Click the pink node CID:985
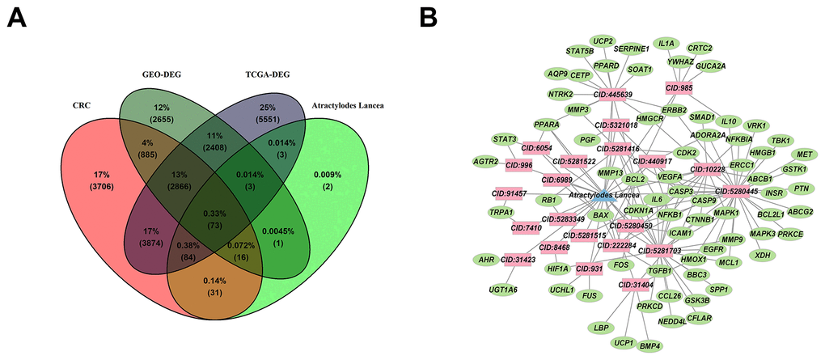(x=679, y=87)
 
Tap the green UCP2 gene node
(x=603, y=40)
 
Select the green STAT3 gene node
(x=505, y=139)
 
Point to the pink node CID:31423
(x=520, y=260)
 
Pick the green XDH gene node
(x=762, y=255)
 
